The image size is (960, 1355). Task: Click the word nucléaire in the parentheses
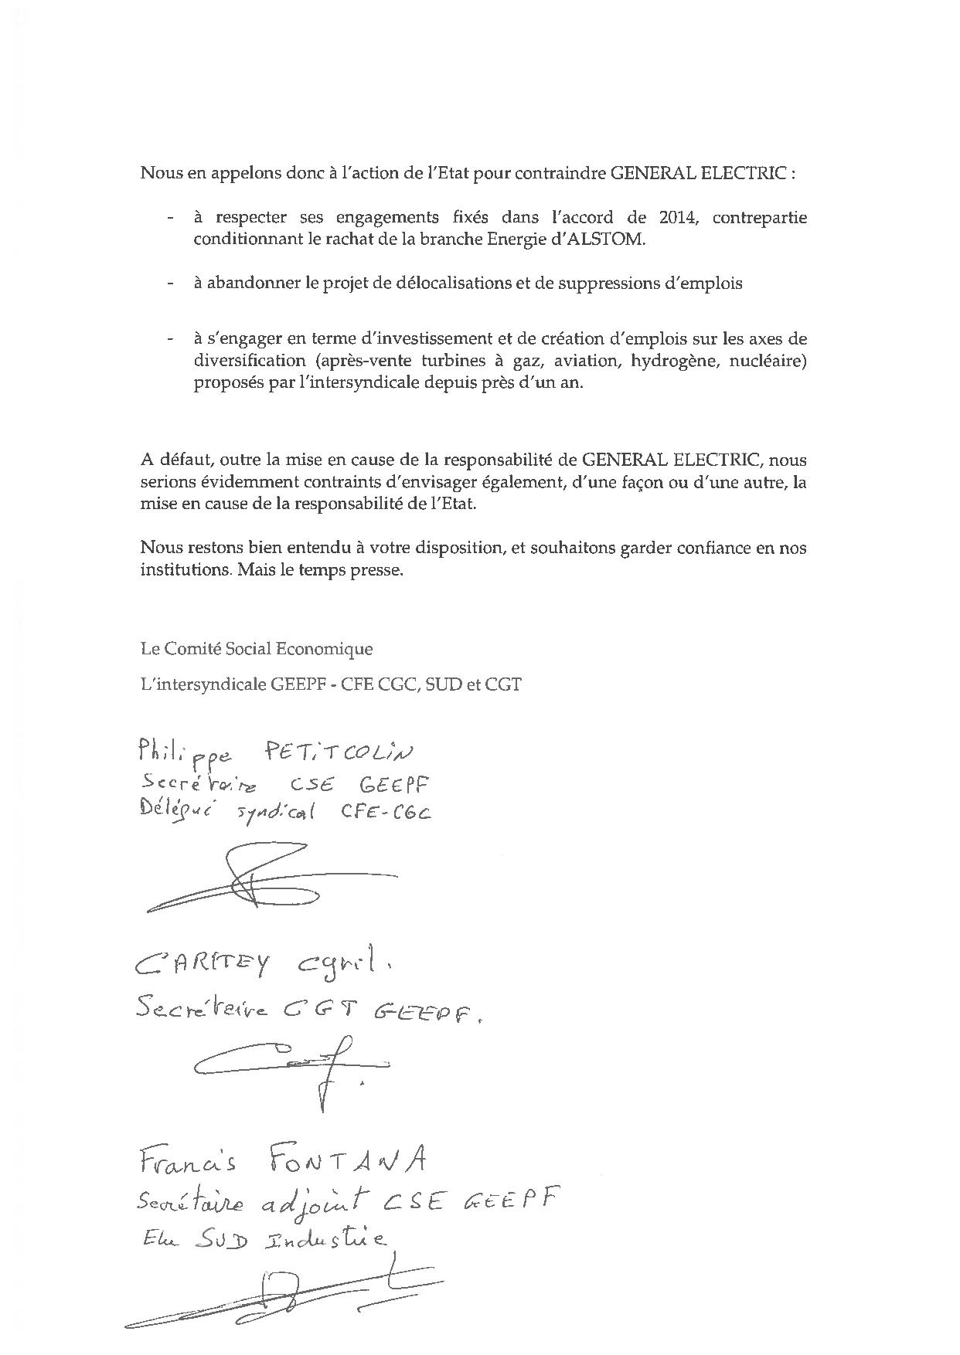coord(770,360)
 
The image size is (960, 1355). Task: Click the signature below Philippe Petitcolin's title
coord(271,881)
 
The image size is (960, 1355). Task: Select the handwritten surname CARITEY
coord(203,963)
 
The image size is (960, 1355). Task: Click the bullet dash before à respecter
coord(169,218)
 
